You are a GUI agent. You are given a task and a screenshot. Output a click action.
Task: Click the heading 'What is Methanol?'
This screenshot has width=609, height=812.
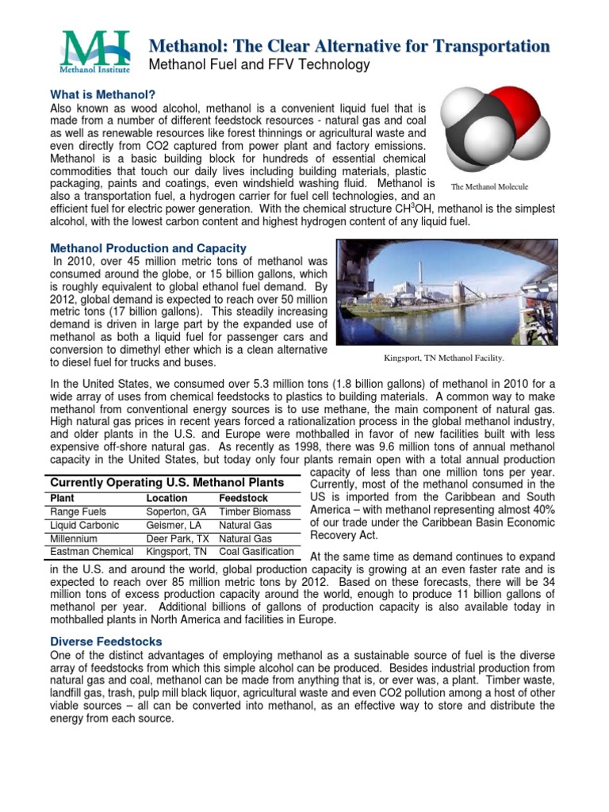(x=102, y=94)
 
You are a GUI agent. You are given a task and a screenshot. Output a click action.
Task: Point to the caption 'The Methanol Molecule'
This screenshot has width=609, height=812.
(x=488, y=187)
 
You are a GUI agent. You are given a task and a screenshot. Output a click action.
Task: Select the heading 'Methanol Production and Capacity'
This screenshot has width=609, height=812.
(x=148, y=248)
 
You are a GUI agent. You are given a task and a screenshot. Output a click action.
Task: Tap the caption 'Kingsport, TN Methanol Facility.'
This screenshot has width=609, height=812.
(x=444, y=358)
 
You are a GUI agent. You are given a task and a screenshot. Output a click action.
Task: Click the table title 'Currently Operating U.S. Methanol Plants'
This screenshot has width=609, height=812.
(x=167, y=482)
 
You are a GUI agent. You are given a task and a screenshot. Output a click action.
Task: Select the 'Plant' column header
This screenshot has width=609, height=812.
(x=63, y=498)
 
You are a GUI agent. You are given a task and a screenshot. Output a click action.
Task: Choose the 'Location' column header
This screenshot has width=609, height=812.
(x=167, y=498)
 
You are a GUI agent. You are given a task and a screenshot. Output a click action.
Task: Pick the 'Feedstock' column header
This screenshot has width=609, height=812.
(x=243, y=498)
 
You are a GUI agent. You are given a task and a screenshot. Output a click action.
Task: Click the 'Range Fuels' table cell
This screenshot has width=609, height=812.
(x=78, y=512)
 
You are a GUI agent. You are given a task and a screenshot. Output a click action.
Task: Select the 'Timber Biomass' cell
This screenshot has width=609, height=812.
(x=255, y=512)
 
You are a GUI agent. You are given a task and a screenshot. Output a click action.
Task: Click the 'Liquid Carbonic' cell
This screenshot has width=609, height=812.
(x=85, y=525)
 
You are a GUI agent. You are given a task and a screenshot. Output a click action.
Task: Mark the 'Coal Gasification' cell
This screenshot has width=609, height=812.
(x=256, y=551)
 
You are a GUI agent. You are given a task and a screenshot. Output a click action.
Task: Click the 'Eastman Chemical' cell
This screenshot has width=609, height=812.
(x=91, y=551)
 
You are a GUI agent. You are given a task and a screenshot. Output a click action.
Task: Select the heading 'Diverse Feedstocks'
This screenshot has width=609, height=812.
(x=106, y=641)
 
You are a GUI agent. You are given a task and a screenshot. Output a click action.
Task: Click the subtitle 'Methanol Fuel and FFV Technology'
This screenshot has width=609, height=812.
(x=259, y=65)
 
